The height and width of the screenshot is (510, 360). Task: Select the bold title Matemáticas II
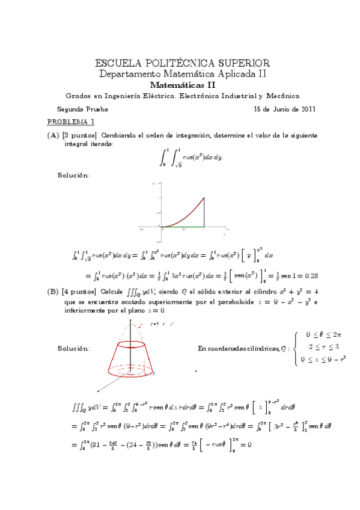(x=182, y=85)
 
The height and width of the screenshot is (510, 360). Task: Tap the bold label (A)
(x=53, y=135)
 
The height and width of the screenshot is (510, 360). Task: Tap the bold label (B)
(x=53, y=291)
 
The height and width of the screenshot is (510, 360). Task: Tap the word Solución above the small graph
(x=74, y=175)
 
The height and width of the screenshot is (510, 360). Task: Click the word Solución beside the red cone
(x=74, y=348)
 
